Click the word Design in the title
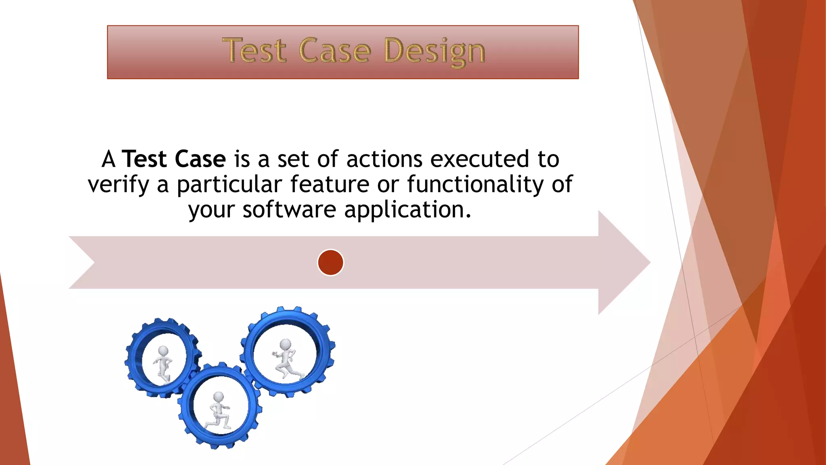(x=435, y=52)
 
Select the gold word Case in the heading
(x=335, y=50)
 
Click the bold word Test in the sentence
(x=144, y=159)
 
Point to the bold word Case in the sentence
(x=200, y=159)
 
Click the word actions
(x=384, y=159)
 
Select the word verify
(x=119, y=185)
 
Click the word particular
(x=229, y=185)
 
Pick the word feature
(x=330, y=184)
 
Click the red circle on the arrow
(x=330, y=262)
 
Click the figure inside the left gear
(x=163, y=363)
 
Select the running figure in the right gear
(x=286, y=359)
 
